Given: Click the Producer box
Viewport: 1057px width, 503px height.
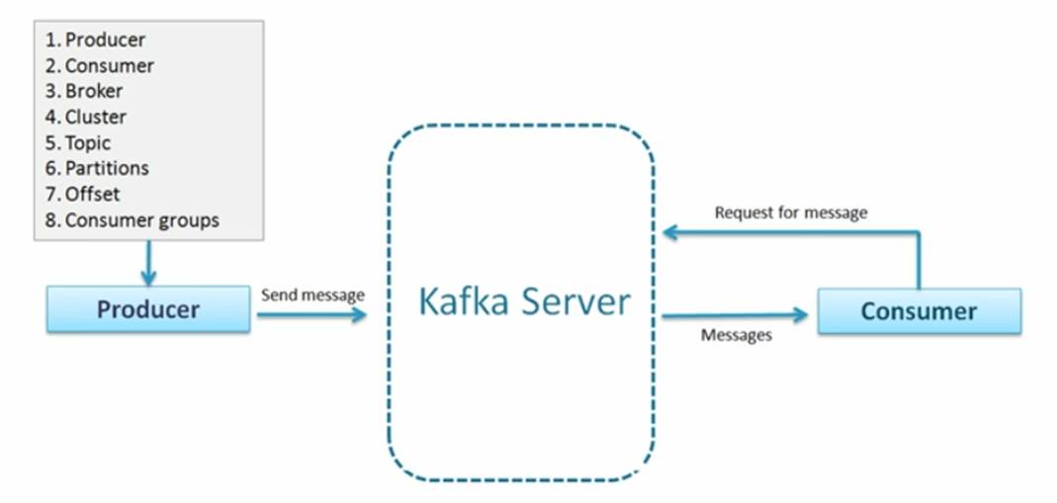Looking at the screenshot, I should tap(148, 309).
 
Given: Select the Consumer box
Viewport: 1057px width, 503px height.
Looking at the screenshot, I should tap(919, 311).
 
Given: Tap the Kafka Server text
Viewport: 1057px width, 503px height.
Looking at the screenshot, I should tap(523, 300).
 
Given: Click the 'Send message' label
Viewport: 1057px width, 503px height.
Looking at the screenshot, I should tap(312, 294).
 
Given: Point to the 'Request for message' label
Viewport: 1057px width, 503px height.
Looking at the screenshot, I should tap(790, 212).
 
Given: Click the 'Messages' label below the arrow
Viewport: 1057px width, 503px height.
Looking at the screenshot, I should tap(736, 335).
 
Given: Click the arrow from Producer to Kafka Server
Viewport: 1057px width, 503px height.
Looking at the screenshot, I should tap(310, 315).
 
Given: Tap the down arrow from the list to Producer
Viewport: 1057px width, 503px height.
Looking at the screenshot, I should tap(148, 263).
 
